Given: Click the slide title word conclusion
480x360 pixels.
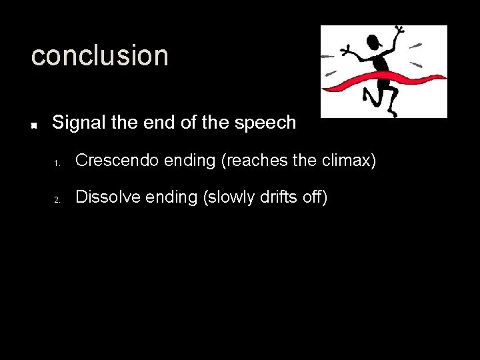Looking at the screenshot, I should point(100,56).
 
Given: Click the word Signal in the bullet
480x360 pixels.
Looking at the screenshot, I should point(75,123).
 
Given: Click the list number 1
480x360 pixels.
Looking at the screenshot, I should point(58,163).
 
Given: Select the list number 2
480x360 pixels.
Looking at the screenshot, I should point(58,199).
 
